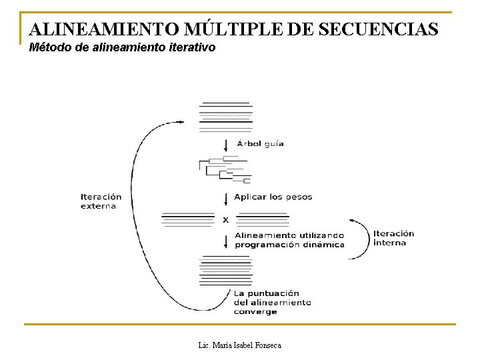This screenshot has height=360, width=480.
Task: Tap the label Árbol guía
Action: coord(259,144)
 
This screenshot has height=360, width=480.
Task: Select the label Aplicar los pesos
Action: coord(273,197)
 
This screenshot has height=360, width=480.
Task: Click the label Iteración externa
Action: coord(101,201)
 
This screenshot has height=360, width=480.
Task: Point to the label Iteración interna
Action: coord(393,238)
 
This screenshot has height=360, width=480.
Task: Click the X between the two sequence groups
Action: coord(225,219)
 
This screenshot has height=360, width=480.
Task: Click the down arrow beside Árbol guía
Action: coord(225,145)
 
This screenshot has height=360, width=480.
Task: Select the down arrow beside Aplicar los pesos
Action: coord(225,198)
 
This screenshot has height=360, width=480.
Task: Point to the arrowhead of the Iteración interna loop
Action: coord(351,221)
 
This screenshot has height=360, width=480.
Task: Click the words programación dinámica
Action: coord(289,245)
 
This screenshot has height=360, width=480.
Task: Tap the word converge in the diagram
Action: coord(255,311)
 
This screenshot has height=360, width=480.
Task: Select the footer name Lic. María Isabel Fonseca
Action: coord(240,345)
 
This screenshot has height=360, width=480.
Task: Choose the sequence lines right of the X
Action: coord(263,219)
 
